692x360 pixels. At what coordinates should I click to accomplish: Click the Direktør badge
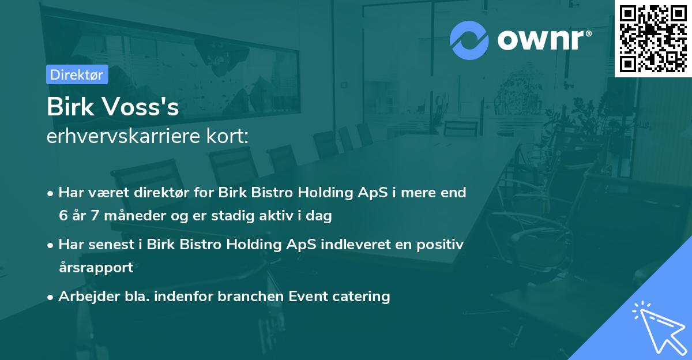pyautogui.click(x=77, y=74)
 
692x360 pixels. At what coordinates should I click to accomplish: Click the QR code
pyautogui.click(x=653, y=38)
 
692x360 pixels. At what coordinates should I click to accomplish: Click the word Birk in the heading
pyautogui.click(x=67, y=108)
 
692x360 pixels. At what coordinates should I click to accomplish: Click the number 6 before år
pyautogui.click(x=63, y=216)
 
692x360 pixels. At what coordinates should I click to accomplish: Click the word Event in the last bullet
pyautogui.click(x=305, y=297)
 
